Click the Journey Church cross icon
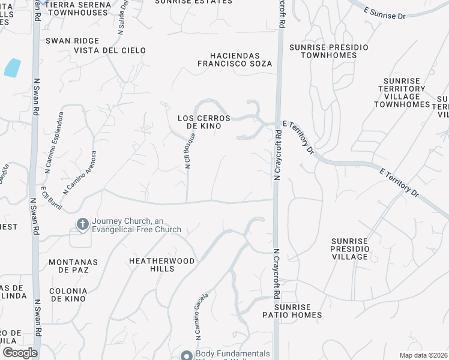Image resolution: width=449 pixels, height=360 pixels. pyautogui.click(x=82, y=224)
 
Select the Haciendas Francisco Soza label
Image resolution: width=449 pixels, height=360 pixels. pyautogui.click(x=235, y=59)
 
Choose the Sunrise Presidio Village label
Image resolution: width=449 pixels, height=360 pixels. pyautogui.click(x=349, y=248)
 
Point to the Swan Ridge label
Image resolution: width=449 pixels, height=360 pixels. pyautogui.click(x=68, y=41)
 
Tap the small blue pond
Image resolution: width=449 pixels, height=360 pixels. pyautogui.click(x=13, y=68)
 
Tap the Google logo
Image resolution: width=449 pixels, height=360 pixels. pyautogui.click(x=20, y=352)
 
